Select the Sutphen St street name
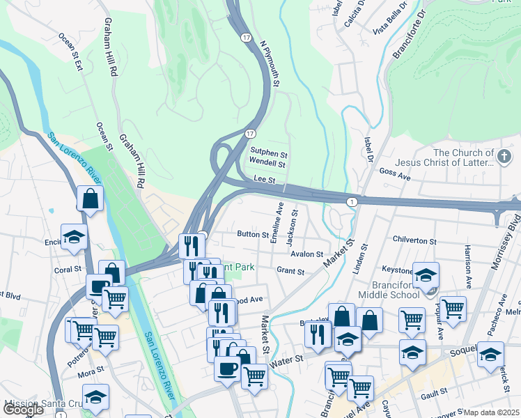pos(269,153)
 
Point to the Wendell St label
pos(268,164)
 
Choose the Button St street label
pos(252,235)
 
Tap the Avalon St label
pos(307,254)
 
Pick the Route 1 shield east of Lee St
pos(352,201)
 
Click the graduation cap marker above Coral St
pos(74,236)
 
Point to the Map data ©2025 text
pos(491,412)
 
